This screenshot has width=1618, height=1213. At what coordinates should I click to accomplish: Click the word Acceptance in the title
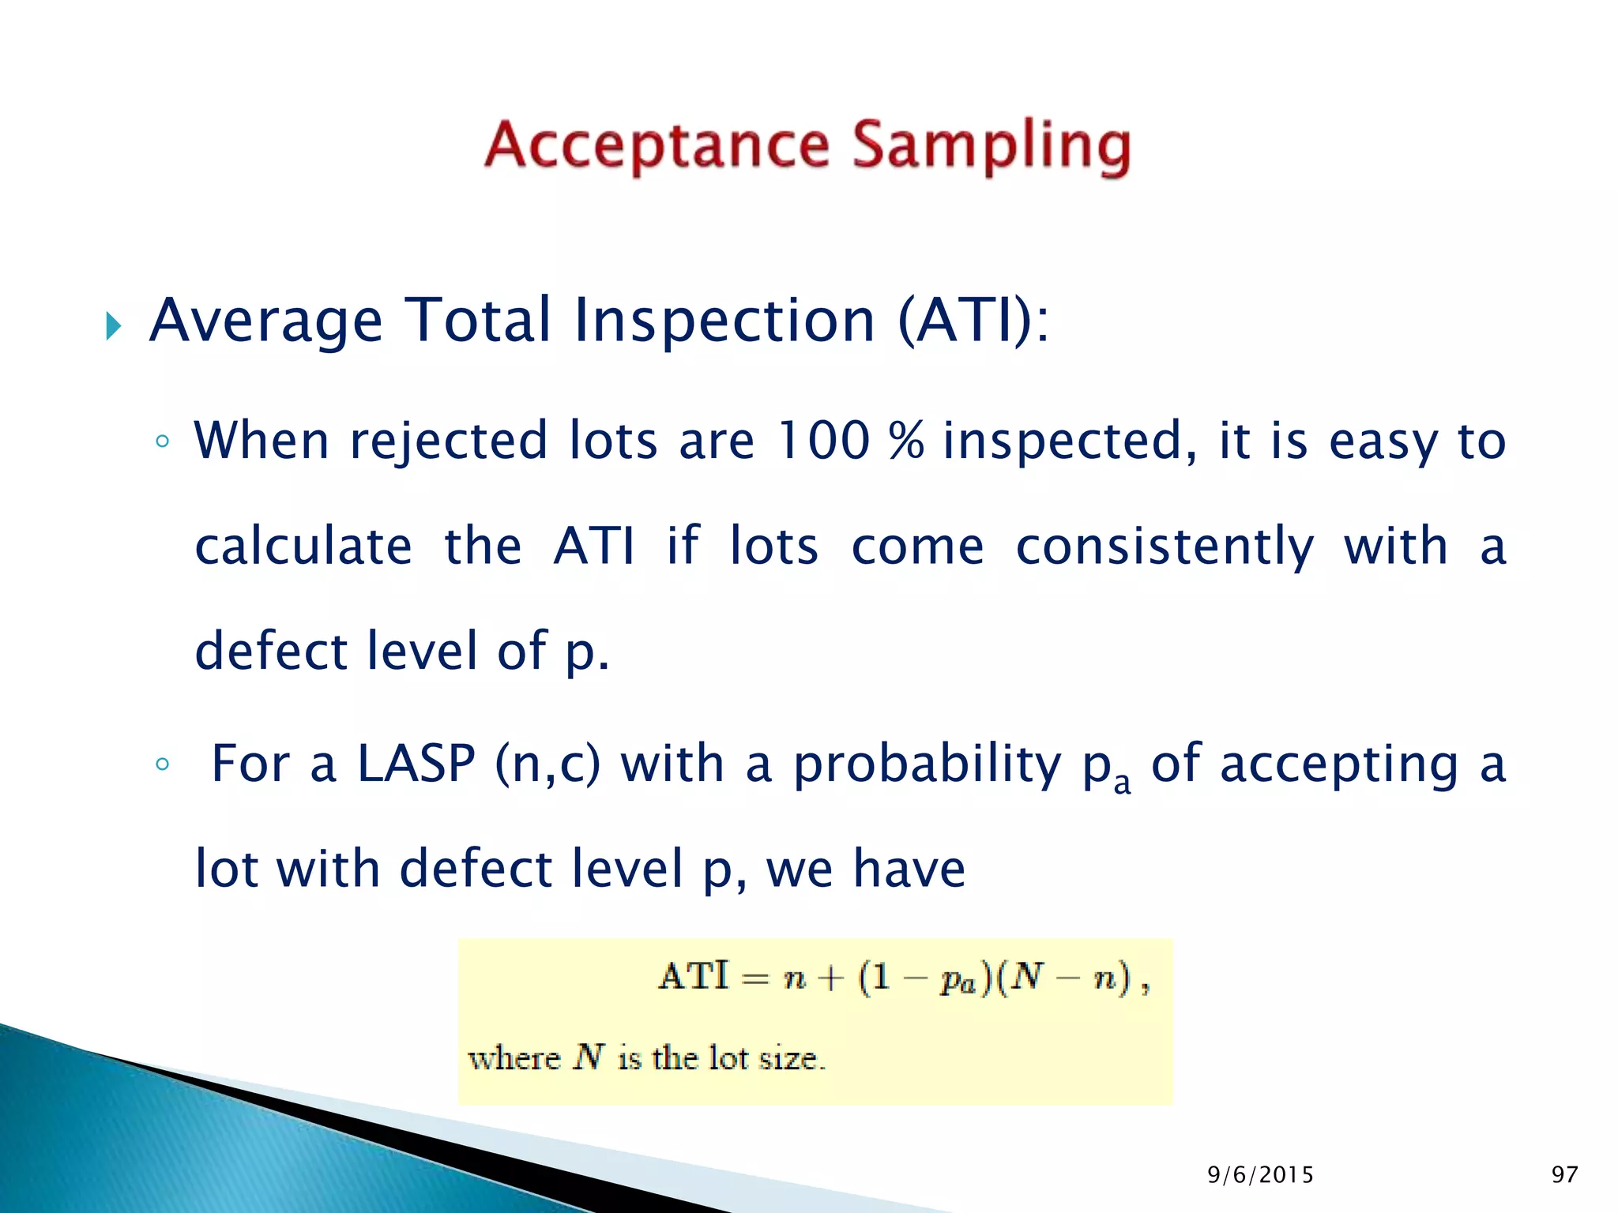[x=657, y=145]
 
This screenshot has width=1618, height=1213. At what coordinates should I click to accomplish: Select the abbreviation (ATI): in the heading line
[x=973, y=320]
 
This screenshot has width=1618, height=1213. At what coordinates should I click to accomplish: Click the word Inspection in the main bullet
[x=724, y=320]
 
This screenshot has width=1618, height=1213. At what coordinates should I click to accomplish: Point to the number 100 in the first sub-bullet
[x=823, y=440]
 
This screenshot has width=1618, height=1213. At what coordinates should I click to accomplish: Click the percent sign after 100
[x=906, y=440]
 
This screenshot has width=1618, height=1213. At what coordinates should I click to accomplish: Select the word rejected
[x=448, y=440]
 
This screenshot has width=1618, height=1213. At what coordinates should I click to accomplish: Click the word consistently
[x=1165, y=546]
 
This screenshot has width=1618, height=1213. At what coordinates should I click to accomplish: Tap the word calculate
[x=303, y=546]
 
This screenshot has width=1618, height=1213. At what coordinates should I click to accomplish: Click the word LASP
[x=416, y=764]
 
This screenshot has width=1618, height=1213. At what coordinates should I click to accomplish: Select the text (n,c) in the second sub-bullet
[x=547, y=764]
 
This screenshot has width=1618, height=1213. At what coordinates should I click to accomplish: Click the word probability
[x=928, y=764]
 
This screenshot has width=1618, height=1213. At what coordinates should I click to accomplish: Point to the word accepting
[x=1339, y=764]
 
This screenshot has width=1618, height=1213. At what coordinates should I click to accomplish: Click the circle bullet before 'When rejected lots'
[x=163, y=441]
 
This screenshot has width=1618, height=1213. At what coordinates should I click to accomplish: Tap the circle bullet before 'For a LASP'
[x=163, y=764]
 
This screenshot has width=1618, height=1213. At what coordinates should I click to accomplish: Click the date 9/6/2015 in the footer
[x=1260, y=1175]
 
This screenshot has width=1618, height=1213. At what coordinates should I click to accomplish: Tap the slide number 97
[x=1564, y=1175]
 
